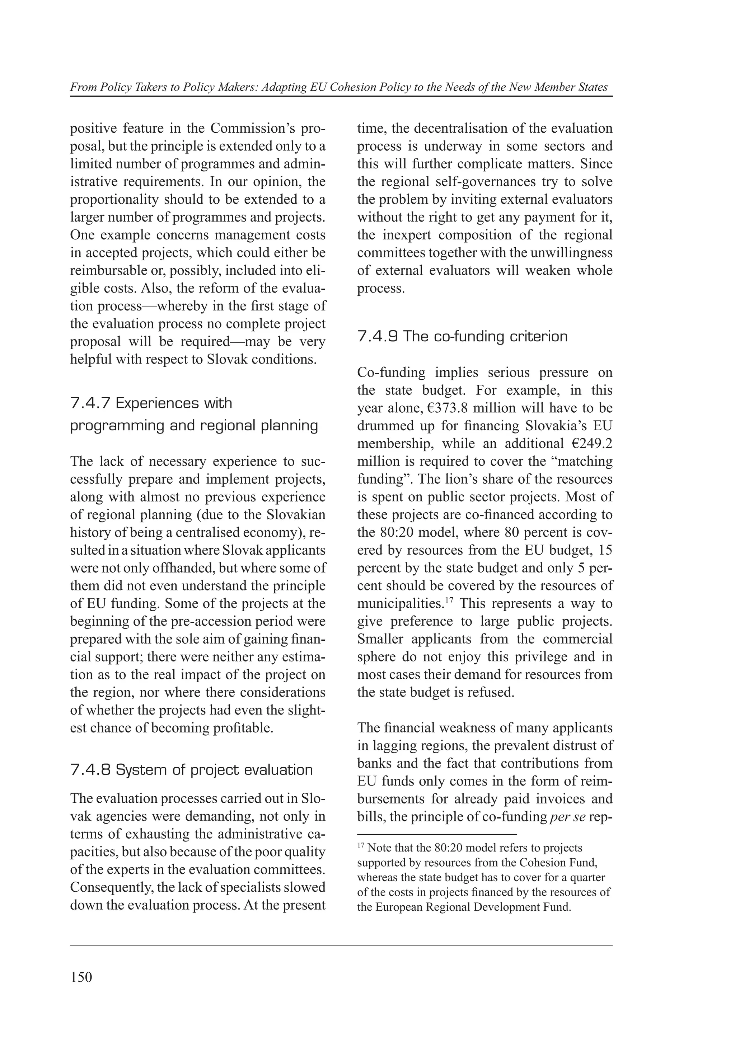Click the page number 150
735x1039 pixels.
[81, 977]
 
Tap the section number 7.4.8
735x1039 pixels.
[90, 770]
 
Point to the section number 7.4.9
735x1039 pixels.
[378, 337]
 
